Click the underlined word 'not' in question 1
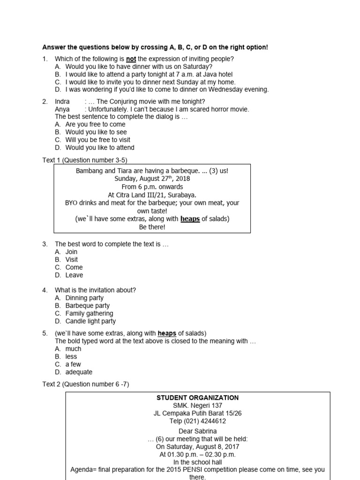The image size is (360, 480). (x=131, y=59)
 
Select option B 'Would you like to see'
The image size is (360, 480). (x=96, y=132)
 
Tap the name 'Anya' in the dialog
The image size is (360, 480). (x=62, y=109)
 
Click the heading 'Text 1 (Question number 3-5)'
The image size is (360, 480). (x=85, y=160)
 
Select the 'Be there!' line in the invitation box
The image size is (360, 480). (x=152, y=227)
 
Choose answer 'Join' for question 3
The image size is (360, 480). (x=71, y=252)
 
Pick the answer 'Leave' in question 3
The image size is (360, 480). (x=74, y=275)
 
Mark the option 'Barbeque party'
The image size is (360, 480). (x=87, y=306)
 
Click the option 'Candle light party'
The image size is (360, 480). (x=90, y=321)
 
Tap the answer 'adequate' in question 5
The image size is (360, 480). (x=79, y=372)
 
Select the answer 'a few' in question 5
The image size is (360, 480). (x=73, y=364)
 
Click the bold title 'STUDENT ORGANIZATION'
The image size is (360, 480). (x=197, y=397)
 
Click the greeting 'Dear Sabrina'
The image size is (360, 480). (x=197, y=431)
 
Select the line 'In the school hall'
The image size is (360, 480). (x=197, y=462)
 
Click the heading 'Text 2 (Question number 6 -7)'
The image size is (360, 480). (x=86, y=384)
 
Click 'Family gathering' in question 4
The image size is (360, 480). (x=89, y=313)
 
